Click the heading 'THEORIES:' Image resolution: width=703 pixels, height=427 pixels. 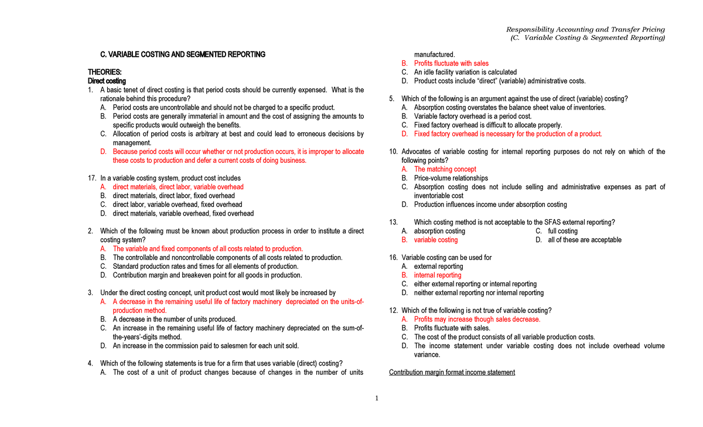click(105, 72)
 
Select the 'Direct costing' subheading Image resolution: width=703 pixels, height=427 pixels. click(107, 81)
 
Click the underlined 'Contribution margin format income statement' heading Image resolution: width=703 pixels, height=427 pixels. click(452, 373)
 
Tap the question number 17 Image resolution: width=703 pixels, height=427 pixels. click(92, 178)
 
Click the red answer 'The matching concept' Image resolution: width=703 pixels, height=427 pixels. click(445, 169)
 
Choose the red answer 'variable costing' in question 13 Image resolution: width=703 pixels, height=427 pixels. click(436, 240)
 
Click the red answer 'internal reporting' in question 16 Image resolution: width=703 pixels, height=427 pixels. click(438, 275)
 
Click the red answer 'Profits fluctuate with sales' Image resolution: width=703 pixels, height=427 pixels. click(451, 63)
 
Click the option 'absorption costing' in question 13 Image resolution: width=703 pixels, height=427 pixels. click(439, 231)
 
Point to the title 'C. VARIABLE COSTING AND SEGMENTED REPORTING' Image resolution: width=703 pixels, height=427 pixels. click(183, 54)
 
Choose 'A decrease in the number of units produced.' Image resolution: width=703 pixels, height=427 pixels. click(175, 319)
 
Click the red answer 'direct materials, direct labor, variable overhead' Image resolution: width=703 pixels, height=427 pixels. click(178, 187)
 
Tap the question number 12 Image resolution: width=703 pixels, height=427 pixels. click(393, 310)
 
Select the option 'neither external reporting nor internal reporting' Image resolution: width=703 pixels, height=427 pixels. click(479, 293)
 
